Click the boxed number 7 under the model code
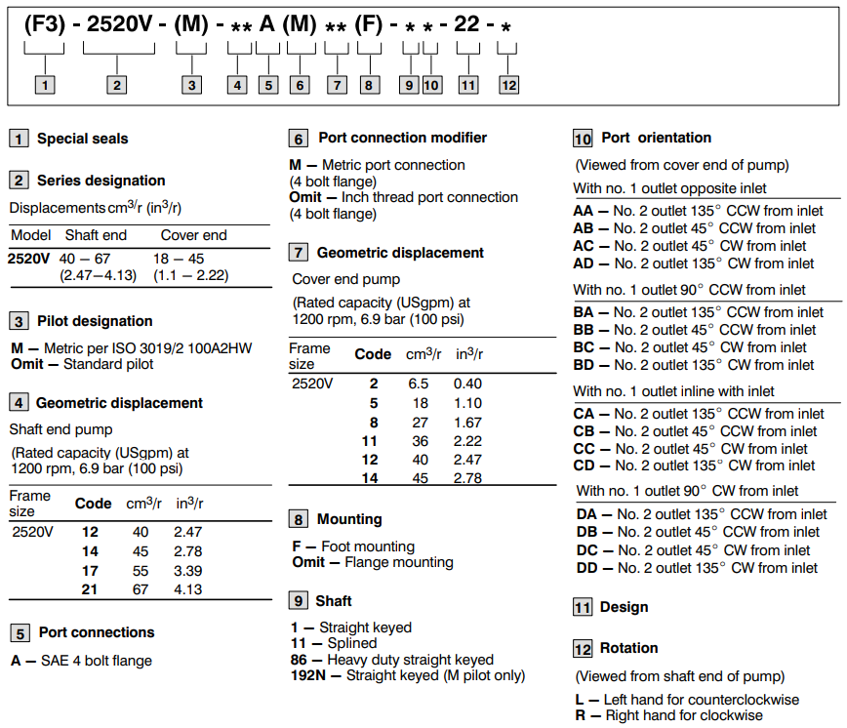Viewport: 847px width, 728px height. [x=337, y=85]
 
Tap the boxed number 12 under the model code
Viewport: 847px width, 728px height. [x=508, y=85]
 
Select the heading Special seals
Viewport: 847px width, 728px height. [x=82, y=139]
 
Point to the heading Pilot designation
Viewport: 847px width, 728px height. [x=95, y=321]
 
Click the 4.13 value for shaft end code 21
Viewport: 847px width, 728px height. [x=187, y=589]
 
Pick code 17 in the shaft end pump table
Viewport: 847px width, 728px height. [x=90, y=571]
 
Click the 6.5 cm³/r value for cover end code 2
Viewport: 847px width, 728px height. [x=418, y=384]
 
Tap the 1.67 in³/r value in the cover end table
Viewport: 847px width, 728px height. [x=468, y=423]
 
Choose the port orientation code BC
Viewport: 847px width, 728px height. [x=584, y=347]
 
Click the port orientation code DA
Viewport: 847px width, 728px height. [x=587, y=514]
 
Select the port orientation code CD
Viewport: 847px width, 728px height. [x=584, y=465]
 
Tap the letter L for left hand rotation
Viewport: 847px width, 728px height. [x=580, y=699]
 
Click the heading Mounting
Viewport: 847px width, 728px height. [x=349, y=519]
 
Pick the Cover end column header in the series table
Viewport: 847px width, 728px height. [x=193, y=235]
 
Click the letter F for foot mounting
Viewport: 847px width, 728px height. [x=297, y=546]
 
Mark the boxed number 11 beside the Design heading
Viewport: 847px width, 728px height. [x=583, y=607]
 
